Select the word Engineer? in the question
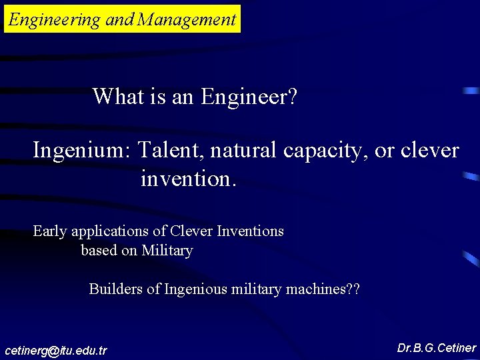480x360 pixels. pos(249,97)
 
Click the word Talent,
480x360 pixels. pos(171,151)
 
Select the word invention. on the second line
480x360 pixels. pos(189,179)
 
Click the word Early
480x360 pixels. pos(49,232)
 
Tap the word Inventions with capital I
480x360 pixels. pos(250,231)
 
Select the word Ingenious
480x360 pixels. pos(196,289)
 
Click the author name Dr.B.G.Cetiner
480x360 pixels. pos(437,348)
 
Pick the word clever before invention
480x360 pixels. pos(429,151)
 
